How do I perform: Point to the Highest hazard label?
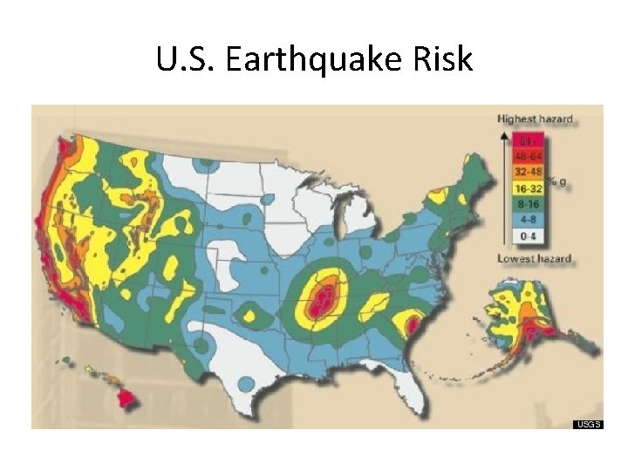[x=535, y=118]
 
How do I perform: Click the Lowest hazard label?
[x=534, y=258]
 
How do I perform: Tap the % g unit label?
[x=558, y=180]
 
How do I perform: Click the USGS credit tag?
[x=587, y=424]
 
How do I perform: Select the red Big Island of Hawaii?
[x=128, y=399]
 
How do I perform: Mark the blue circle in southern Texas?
[x=247, y=384]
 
